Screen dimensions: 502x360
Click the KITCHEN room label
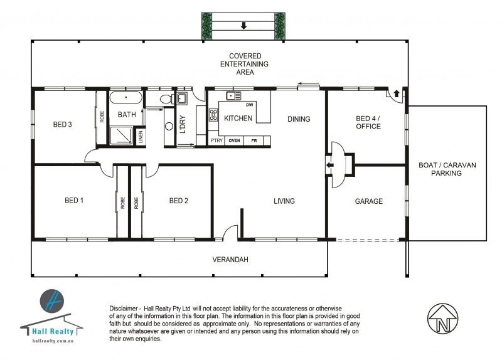click(238, 119)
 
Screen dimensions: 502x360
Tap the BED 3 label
click(62, 124)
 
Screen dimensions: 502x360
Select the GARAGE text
click(369, 201)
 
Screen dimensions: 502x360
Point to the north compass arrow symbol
click(443, 319)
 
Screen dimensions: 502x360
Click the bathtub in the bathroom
click(126, 98)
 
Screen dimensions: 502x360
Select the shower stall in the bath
click(120, 135)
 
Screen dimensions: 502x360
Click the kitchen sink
click(233, 96)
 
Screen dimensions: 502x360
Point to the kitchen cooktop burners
click(213, 115)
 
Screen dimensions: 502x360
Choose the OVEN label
click(234, 140)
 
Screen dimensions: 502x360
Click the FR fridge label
click(254, 140)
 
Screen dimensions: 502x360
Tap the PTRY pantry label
click(216, 140)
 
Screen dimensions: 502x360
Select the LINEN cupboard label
click(141, 137)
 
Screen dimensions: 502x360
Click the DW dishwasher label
click(250, 105)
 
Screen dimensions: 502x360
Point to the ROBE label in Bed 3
click(102, 117)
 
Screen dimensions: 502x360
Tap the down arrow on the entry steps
click(243, 26)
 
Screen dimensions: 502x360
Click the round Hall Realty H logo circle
click(52, 301)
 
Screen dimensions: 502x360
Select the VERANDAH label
click(230, 260)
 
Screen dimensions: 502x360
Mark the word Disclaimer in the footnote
click(124, 309)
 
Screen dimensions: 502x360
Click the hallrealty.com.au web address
click(53, 341)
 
